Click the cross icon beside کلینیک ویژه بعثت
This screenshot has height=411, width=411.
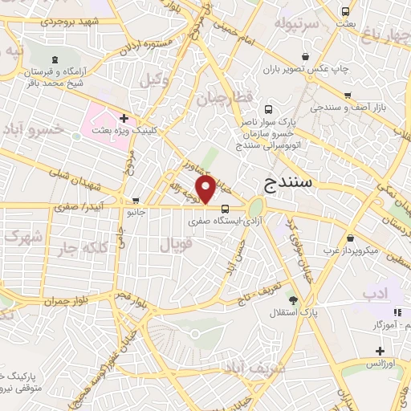point(123,118)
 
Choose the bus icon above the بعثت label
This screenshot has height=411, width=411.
point(345,12)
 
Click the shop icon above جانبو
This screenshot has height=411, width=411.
point(136,201)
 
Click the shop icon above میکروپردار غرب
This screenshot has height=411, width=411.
point(351,238)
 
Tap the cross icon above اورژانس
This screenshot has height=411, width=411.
point(380,351)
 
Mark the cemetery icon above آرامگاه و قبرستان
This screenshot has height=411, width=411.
point(55,59)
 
